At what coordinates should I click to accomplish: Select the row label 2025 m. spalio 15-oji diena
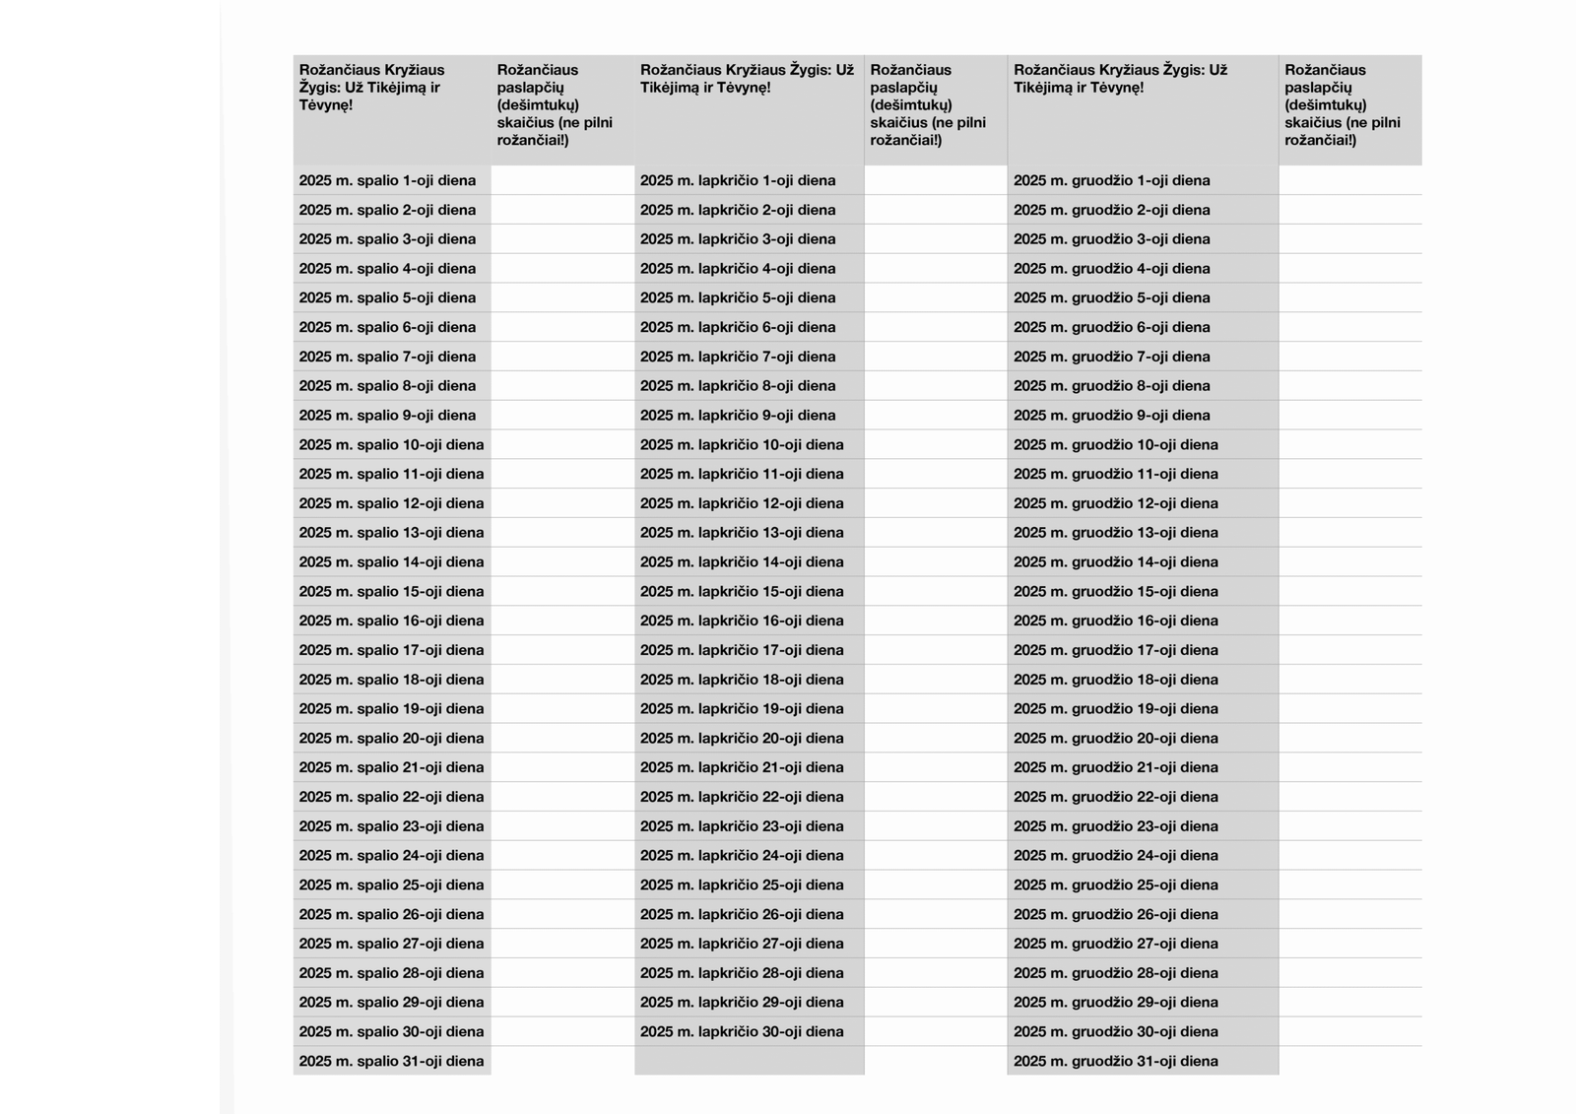(x=392, y=591)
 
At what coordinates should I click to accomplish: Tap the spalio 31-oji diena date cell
(x=392, y=1061)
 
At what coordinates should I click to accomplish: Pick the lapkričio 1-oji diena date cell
(x=738, y=180)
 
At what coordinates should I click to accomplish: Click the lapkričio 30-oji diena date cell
(x=742, y=1031)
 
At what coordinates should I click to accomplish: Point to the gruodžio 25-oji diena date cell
(x=1116, y=885)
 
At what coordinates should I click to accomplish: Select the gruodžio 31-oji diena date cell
(x=1116, y=1061)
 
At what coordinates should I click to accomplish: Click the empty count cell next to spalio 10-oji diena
(x=562, y=444)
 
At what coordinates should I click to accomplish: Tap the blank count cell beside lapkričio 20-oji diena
(x=936, y=738)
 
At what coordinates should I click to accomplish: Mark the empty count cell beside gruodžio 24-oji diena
(x=1350, y=855)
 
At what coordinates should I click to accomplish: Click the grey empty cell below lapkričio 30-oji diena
(x=750, y=1061)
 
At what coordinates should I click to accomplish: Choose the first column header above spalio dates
(x=392, y=88)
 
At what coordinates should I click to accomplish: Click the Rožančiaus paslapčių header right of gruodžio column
(x=1350, y=104)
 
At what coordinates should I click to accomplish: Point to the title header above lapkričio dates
(x=749, y=79)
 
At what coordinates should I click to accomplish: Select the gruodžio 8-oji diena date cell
(x=1112, y=385)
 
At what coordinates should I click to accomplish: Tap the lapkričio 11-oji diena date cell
(x=742, y=474)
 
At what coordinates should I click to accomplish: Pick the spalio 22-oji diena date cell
(x=392, y=797)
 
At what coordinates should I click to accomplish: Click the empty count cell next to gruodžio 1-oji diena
(x=1350, y=180)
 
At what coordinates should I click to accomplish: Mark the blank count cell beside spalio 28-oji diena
(x=562, y=972)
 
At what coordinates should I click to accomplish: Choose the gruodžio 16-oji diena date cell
(x=1116, y=621)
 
